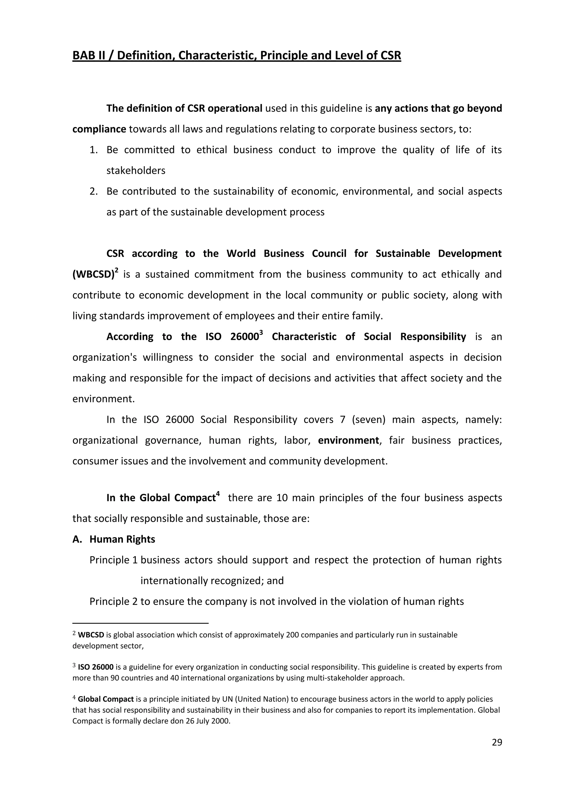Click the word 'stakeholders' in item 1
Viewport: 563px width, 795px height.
(x=136, y=171)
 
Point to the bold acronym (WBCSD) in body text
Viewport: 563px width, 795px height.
(x=93, y=275)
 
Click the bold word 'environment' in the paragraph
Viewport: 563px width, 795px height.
(x=348, y=440)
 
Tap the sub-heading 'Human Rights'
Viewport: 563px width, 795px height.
(x=122, y=539)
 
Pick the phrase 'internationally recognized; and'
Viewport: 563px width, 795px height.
(x=212, y=581)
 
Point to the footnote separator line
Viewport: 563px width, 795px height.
(x=140, y=623)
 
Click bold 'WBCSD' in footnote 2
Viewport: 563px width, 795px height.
(x=91, y=635)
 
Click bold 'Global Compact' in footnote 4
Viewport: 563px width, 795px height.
(x=106, y=699)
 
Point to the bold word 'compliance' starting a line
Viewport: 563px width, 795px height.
(x=99, y=129)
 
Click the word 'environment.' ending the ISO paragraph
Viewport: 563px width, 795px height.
(x=103, y=399)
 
